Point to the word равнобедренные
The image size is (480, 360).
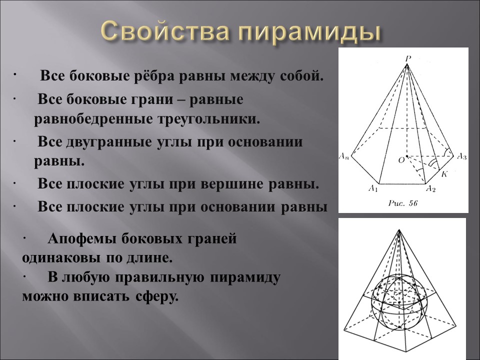pyautogui.click(x=93, y=120)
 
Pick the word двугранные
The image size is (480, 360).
pyautogui.click(x=106, y=142)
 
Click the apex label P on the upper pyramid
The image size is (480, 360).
pyautogui.click(x=408, y=58)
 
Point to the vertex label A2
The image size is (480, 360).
pyautogui.click(x=430, y=188)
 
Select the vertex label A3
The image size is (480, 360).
pyautogui.click(x=461, y=156)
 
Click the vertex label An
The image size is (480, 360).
pyautogui.click(x=344, y=156)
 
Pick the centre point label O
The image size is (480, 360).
pyautogui.click(x=400, y=160)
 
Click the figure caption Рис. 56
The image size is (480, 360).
pyautogui.click(x=402, y=203)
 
